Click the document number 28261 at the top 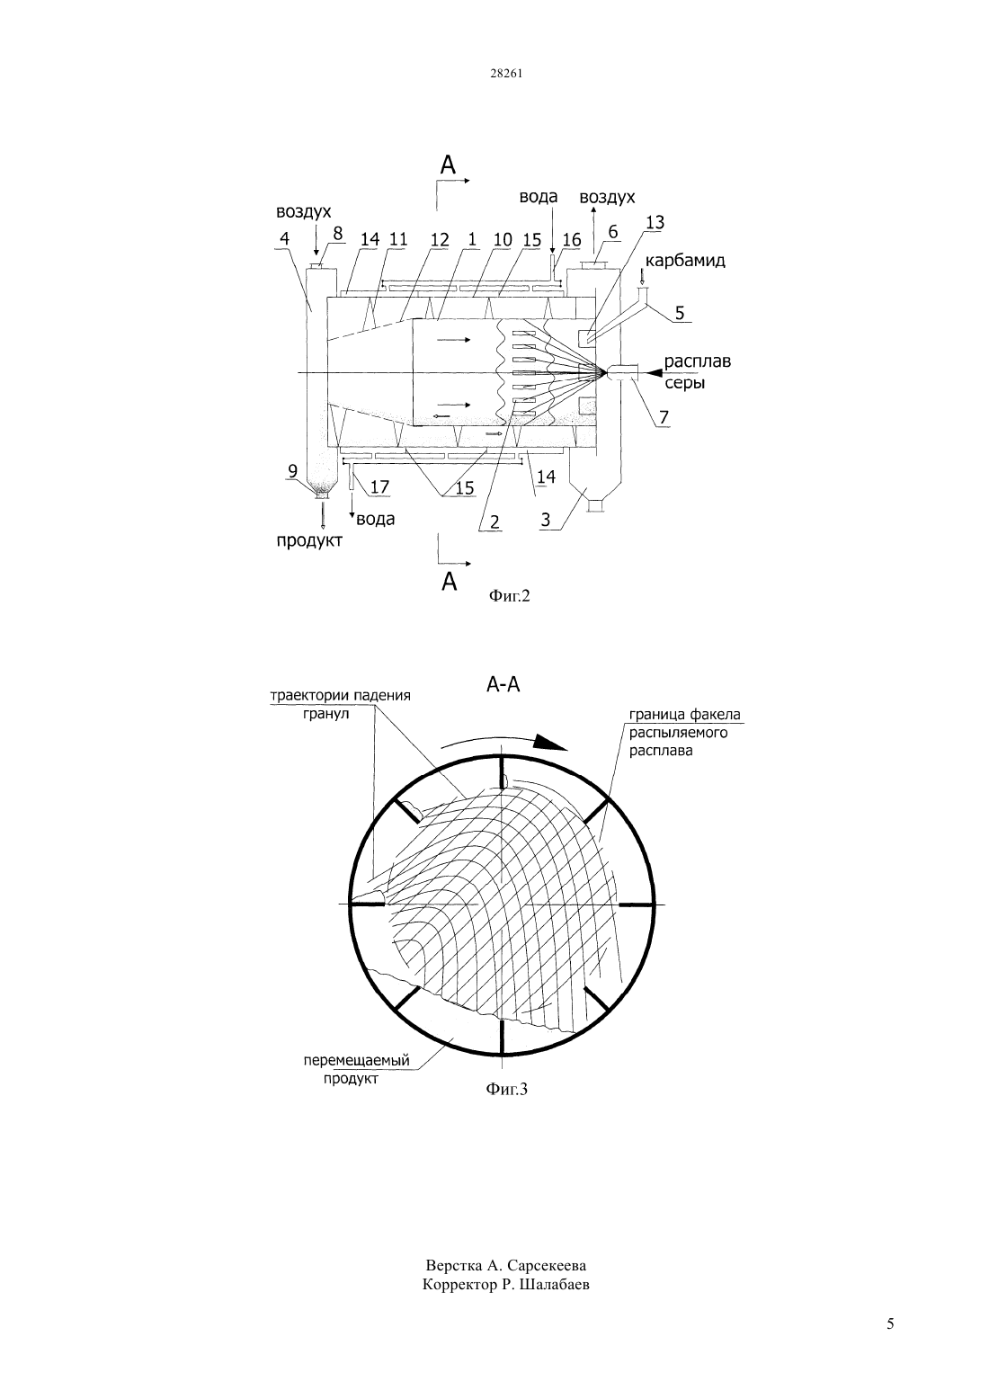(505, 74)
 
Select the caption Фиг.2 (509, 596)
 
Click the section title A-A (503, 685)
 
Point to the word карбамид (685, 261)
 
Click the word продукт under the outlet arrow (309, 541)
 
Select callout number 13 (655, 222)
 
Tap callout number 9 (292, 471)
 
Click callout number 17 (379, 486)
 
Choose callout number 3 (546, 520)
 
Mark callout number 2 (494, 521)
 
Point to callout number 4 (285, 238)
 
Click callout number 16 (571, 240)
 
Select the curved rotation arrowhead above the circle (550, 742)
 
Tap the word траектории (306, 695)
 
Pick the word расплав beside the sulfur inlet (698, 361)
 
